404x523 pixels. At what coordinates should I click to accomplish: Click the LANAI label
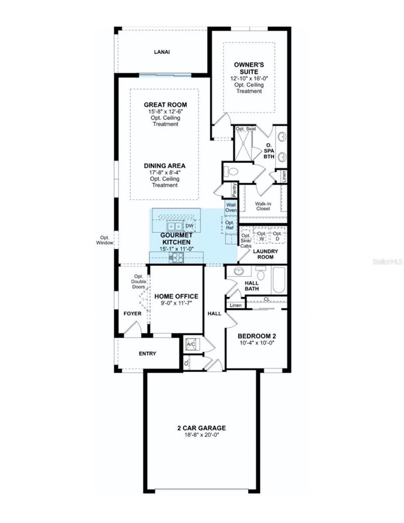162,52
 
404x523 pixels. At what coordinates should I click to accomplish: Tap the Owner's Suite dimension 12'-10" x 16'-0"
249,78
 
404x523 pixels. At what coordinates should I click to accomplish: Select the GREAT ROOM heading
165,105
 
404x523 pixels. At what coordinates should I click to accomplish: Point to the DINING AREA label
165,166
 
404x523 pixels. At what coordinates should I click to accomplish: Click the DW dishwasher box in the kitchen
190,226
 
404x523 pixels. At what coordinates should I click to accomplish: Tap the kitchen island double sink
174,226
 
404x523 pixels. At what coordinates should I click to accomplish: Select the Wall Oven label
231,207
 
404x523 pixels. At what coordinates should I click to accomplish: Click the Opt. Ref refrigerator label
230,225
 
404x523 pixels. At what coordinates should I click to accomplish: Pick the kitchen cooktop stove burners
177,258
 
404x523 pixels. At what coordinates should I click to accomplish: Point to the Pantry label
234,190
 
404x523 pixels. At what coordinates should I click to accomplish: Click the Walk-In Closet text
263,206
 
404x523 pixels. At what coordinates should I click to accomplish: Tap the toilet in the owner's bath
231,172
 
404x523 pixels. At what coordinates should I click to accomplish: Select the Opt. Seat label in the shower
246,129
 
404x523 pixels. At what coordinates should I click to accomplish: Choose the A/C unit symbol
191,345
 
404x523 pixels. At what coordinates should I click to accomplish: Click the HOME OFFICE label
177,296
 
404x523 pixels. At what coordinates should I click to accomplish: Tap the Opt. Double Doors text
139,282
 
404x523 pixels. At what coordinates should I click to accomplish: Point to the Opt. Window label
105,240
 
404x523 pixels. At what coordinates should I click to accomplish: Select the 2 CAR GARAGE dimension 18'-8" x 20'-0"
201,435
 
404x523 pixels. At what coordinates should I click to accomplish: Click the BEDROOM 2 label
257,336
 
